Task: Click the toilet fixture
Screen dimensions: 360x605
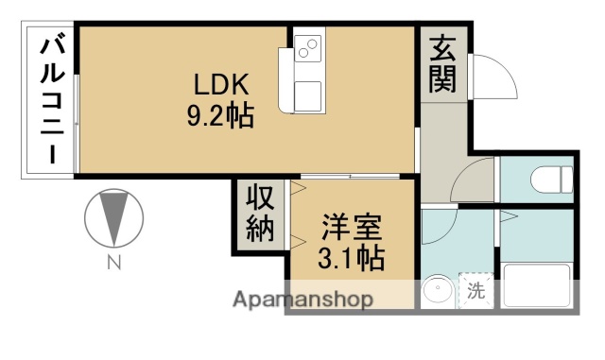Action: point(553,177)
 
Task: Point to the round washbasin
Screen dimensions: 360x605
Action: point(437,291)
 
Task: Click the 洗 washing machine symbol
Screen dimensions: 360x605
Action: point(476,291)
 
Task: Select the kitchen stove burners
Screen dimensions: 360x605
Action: point(308,48)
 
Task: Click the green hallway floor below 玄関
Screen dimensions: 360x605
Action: point(442,142)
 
